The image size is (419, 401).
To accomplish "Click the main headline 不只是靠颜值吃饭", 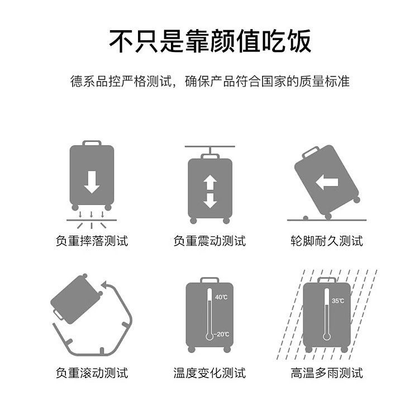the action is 210,41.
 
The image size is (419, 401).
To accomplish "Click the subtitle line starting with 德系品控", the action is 209,81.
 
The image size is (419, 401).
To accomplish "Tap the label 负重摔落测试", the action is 92,241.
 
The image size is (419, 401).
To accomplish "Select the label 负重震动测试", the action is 209,241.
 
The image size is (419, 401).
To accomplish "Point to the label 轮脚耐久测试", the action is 327,241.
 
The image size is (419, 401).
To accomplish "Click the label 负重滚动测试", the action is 92,373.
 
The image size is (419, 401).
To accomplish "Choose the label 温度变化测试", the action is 209,373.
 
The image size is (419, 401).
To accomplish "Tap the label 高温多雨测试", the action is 327,373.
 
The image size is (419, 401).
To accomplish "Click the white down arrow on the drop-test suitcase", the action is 92,182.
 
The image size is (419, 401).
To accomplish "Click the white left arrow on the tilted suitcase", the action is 327,183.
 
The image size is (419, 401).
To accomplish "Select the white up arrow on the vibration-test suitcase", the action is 210,183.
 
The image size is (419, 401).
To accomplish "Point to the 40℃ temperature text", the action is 221,297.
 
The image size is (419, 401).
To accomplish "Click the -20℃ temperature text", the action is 222,334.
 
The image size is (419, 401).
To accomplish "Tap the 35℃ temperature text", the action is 338,301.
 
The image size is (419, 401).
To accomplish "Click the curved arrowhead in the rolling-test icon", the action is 105,284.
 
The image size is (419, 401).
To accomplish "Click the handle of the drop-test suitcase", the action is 92,143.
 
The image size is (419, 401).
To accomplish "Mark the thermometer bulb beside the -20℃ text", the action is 209,336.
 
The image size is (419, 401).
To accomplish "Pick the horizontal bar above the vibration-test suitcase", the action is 209,146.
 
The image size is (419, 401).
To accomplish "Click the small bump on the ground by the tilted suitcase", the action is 306,218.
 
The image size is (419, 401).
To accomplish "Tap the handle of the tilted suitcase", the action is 311,152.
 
